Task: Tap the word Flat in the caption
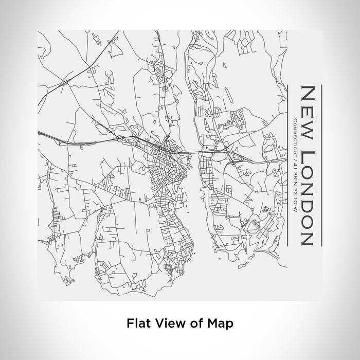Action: [137, 324]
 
